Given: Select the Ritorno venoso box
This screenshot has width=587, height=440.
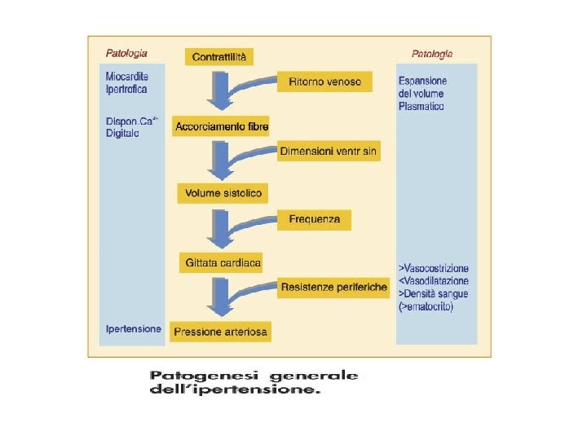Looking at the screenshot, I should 324,81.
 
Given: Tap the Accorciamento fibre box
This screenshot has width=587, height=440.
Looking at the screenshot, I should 222,126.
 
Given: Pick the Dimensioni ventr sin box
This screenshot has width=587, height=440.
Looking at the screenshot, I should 329,152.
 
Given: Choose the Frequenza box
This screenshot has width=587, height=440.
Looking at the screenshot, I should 315,220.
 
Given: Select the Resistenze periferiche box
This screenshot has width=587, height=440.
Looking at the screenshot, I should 333,288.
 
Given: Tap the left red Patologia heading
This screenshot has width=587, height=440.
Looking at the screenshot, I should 126,53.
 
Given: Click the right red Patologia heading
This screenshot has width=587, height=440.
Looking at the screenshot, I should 431,54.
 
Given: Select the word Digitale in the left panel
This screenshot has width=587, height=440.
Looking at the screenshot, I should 123,133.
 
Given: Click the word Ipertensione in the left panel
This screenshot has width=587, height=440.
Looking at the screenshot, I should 133,329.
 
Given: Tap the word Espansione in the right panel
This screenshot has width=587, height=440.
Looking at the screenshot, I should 422,81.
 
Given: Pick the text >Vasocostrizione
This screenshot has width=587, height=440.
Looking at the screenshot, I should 433,268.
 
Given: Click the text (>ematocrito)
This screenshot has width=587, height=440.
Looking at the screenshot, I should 426,307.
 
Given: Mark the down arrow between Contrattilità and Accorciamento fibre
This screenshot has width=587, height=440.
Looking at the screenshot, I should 219,91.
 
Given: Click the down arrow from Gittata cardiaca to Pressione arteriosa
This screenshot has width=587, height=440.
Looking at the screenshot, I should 218,297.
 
